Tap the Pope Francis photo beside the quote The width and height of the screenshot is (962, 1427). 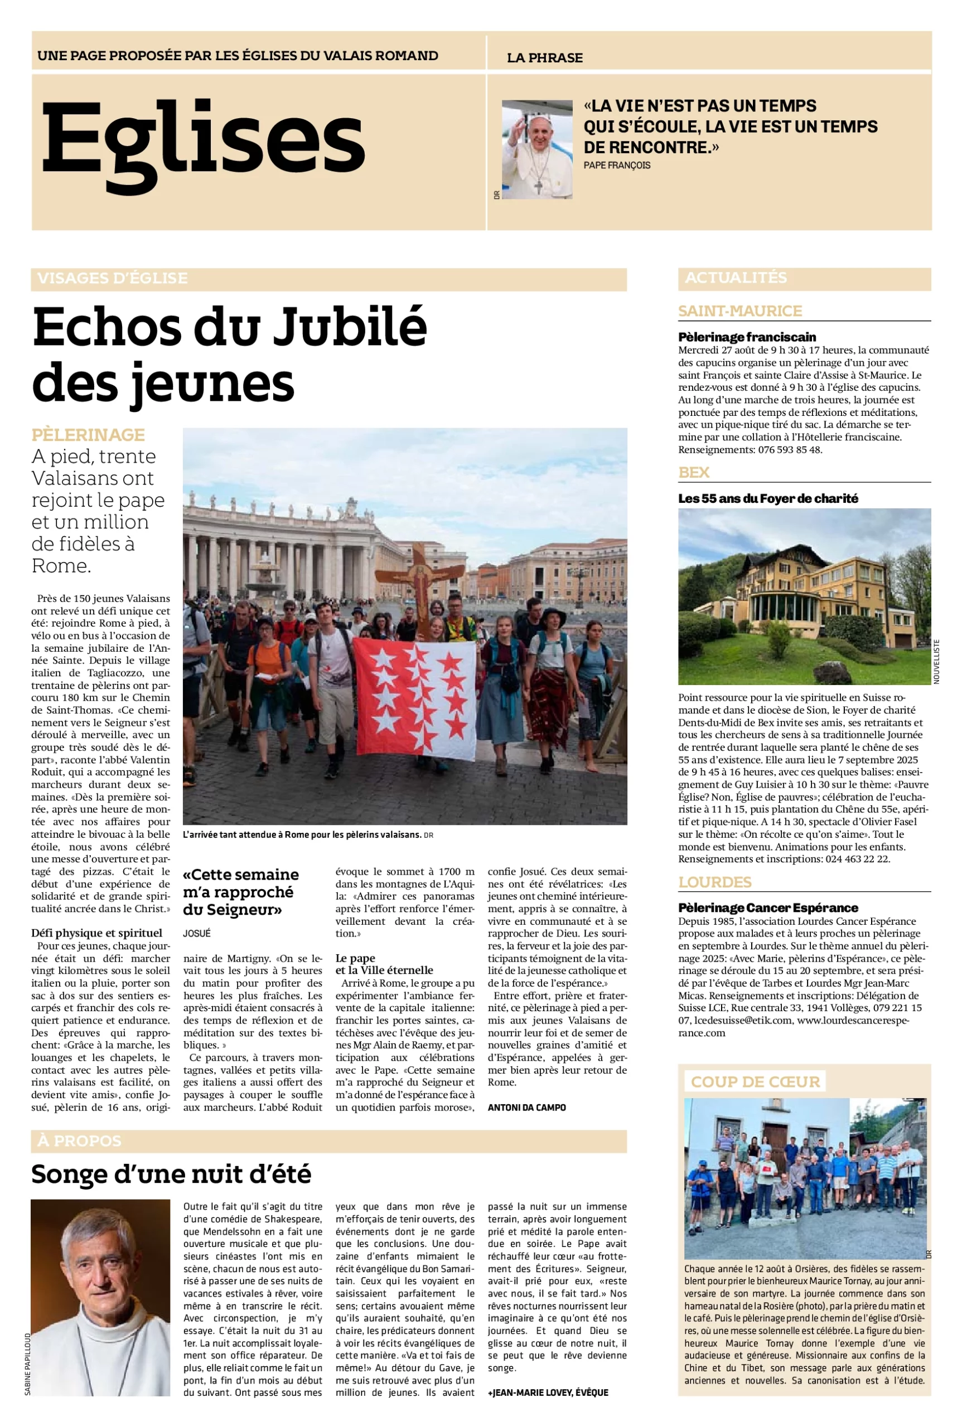click(537, 149)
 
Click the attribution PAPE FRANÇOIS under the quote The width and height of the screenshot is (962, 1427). click(617, 166)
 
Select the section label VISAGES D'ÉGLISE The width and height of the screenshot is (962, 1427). click(112, 278)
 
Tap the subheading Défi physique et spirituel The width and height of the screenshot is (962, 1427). click(97, 933)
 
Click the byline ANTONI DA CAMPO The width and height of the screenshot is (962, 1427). click(526, 1108)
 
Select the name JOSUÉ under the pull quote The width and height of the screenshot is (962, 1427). click(196, 933)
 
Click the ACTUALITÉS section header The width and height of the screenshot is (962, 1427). click(736, 278)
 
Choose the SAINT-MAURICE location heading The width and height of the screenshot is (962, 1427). click(740, 311)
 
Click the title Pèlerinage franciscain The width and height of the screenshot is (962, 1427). click(747, 337)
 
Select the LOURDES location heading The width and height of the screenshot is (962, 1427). click(714, 882)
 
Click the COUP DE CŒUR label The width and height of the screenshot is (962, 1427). click(755, 1082)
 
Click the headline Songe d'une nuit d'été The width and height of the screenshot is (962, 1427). click(171, 1174)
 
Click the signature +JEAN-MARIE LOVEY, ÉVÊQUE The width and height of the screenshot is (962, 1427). click(547, 1392)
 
